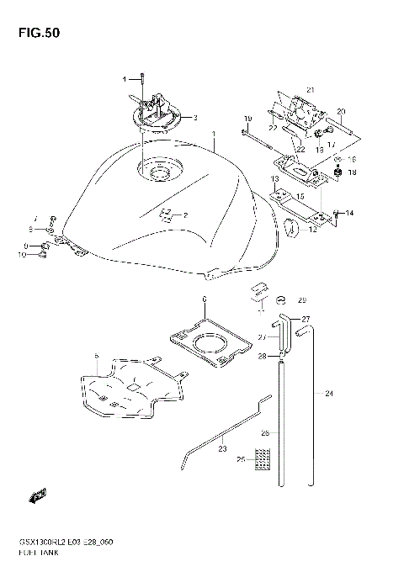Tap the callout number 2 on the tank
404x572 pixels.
(x=184, y=215)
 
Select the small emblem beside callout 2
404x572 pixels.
(x=167, y=214)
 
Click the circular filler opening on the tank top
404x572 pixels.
(x=160, y=172)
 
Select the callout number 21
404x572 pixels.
(x=309, y=90)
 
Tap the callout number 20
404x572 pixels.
(x=341, y=111)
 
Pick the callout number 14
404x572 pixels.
(x=349, y=213)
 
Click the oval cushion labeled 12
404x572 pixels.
(x=292, y=226)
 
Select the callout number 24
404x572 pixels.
(x=329, y=393)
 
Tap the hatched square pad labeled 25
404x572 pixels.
(x=264, y=458)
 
